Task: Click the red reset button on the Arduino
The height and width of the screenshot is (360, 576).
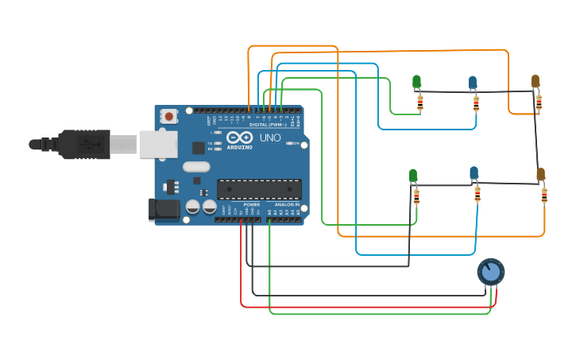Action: [168, 116]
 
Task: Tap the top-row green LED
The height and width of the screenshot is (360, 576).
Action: [416, 82]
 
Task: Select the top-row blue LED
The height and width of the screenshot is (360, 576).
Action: [473, 82]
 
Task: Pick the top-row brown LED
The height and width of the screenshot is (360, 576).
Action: [535, 81]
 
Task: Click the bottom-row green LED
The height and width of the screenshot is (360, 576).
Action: [412, 175]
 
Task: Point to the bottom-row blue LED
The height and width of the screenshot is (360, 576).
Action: [474, 172]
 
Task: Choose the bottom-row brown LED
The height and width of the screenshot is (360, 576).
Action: [540, 175]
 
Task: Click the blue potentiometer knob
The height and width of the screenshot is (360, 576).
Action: [491, 272]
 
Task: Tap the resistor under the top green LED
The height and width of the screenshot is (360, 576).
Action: [420, 103]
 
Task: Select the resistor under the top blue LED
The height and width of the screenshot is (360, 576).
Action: [477, 103]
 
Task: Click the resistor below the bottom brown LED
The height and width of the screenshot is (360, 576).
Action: [544, 195]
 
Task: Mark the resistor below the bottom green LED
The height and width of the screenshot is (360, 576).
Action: [416, 196]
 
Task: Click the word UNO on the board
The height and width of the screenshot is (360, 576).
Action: [270, 137]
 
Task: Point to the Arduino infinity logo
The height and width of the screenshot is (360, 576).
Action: [239, 137]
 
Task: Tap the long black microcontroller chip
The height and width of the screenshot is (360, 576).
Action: [260, 189]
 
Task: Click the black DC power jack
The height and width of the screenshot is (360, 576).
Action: [164, 210]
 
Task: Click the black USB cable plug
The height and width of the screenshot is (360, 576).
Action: [83, 145]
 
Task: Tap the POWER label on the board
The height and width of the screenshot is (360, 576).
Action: [251, 204]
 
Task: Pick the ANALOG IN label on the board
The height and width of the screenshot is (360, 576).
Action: [288, 204]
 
